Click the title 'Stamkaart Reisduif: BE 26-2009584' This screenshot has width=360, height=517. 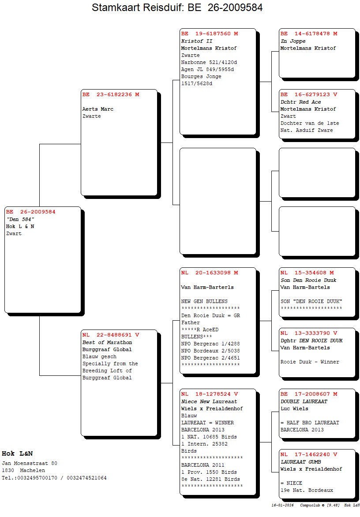tap(177, 7)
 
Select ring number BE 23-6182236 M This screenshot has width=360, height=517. tap(110, 94)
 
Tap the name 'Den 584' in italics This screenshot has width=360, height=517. tap(20, 219)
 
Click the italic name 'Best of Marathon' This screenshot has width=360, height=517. tap(107, 342)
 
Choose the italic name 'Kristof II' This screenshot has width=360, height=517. tap(197, 41)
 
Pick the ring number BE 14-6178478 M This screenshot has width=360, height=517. tap(309, 34)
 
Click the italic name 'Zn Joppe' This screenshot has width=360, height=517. tap(293, 41)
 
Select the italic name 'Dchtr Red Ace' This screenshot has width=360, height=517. tap(301, 102)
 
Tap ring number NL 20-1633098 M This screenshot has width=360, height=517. tap(210, 273)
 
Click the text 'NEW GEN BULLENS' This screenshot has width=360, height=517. tap(204, 301)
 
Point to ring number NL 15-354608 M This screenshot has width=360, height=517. tap(307, 273)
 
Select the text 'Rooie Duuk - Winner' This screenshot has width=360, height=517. tap(310, 362)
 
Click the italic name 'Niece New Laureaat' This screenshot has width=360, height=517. tap(209, 401)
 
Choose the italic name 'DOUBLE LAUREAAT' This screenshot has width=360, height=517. tap(304, 401)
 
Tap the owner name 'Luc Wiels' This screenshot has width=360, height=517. tap(294, 408)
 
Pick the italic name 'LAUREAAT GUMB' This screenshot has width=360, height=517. tap(301, 462)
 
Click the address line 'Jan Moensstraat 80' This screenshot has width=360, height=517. tap(30, 463)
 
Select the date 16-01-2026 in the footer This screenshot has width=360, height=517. tap(283, 505)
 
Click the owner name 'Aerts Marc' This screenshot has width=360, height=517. tap(98, 109)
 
